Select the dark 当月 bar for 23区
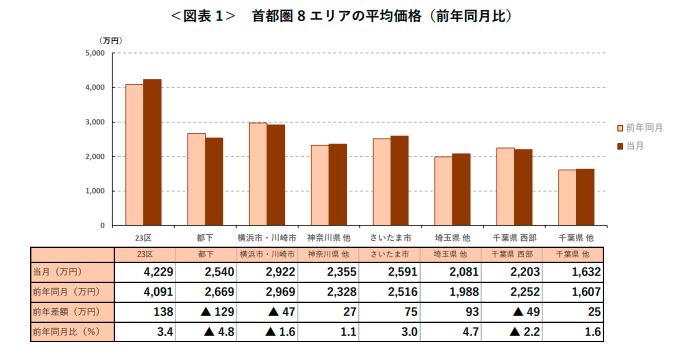[152, 151]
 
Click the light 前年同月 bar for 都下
[196, 179]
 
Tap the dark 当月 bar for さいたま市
[400, 180]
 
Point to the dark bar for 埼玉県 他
[461, 189]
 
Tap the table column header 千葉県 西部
[514, 255]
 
